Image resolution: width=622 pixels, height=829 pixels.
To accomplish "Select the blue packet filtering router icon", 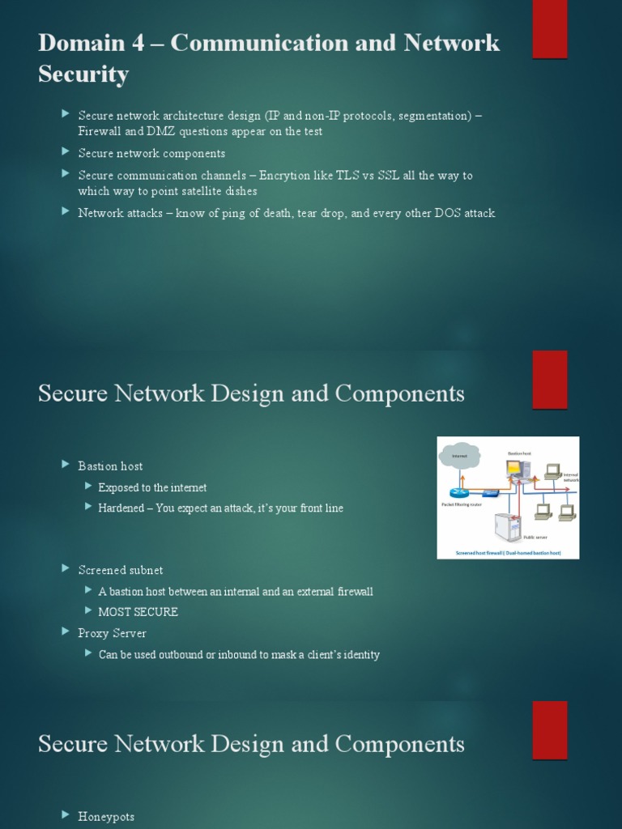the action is coord(459,492).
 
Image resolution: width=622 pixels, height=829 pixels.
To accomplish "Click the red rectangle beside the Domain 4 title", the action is coord(549,29).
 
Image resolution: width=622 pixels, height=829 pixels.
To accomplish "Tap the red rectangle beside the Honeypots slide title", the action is coord(549,730).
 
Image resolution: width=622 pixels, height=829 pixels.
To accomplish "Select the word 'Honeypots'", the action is coord(106,817).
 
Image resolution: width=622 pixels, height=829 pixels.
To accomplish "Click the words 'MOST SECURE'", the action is coord(138,612).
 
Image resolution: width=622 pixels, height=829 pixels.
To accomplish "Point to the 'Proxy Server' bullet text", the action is coord(112,633).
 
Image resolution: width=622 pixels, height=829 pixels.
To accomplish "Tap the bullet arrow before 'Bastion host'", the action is coord(66,465).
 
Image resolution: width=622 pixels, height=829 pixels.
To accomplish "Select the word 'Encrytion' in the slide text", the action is coord(285,175).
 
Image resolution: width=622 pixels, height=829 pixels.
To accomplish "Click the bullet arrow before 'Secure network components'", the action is coord(66,152).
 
